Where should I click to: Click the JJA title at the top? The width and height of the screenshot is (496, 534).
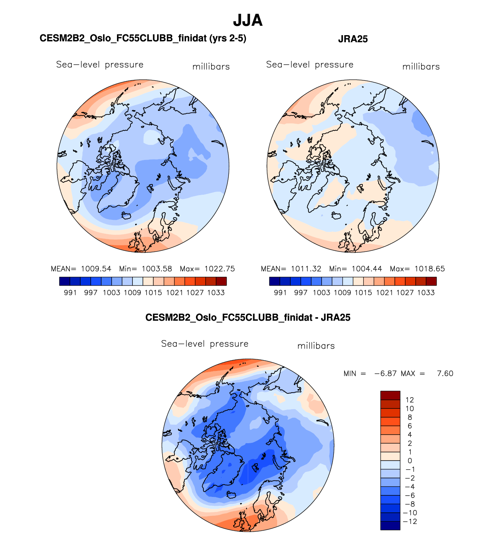pos(248,20)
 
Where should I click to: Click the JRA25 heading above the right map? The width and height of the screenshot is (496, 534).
pos(353,39)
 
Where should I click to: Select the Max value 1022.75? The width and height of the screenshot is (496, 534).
pos(220,269)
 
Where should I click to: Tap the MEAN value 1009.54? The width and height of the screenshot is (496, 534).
pos(96,269)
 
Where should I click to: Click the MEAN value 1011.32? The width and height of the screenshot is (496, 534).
pos(306,269)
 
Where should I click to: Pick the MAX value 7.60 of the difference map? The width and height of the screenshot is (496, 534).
pos(445,374)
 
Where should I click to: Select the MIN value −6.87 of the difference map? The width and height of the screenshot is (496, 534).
pos(385,374)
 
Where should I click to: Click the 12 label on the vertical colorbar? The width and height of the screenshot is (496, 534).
pos(410,400)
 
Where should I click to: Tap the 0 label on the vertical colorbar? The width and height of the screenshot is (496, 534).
pos(410,461)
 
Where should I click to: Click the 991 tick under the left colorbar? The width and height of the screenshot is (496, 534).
pos(70,293)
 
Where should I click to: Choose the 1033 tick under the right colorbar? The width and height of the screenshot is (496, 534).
pos(426,293)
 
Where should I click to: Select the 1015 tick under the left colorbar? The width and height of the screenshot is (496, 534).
pos(153,293)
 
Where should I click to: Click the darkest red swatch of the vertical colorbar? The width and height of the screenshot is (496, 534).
pos(390,395)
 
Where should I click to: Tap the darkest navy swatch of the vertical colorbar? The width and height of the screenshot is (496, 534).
pos(390,525)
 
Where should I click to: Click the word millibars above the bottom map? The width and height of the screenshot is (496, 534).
pos(316,346)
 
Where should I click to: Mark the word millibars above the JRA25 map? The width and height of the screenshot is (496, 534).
pos(421,67)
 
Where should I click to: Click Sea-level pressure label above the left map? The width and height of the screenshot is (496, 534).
pos(100,65)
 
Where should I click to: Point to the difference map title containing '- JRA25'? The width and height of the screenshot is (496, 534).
pos(248,318)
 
